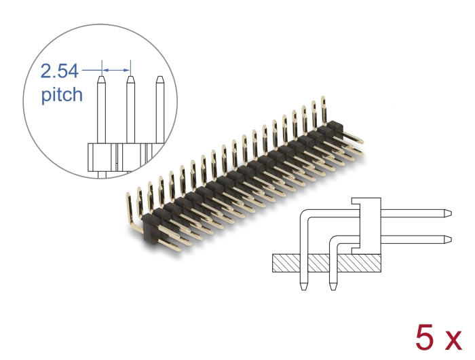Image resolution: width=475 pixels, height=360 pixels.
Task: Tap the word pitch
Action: tap(62, 94)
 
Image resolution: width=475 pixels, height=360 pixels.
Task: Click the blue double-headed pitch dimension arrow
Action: tap(116, 68)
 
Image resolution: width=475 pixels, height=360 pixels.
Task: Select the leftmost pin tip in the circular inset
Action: tap(101, 79)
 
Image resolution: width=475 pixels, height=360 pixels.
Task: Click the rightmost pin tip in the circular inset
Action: tap(160, 79)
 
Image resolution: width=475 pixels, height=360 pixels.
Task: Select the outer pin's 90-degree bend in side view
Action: tap(305, 216)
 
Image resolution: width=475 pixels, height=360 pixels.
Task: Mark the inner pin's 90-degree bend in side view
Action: tap(334, 242)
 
